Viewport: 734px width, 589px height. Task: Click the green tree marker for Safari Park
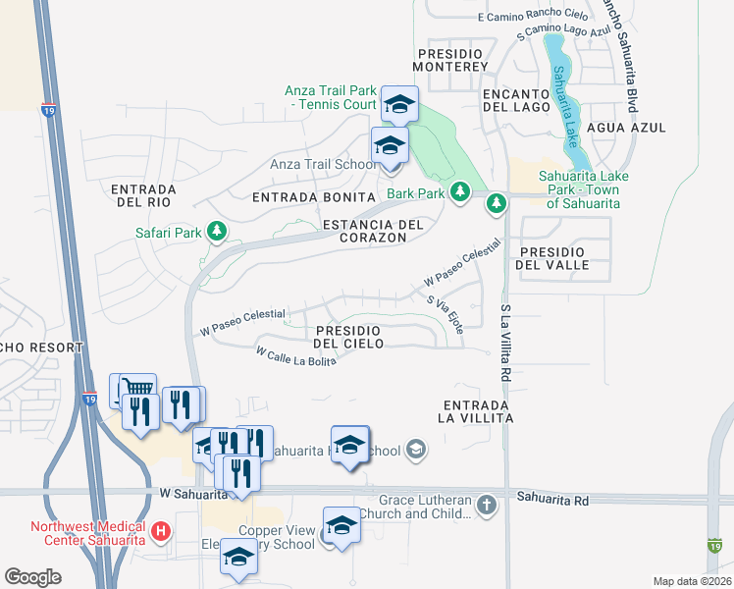point(217,233)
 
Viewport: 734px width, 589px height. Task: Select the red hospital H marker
point(162,533)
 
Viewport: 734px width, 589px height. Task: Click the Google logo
point(32,577)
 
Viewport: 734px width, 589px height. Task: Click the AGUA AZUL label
point(626,128)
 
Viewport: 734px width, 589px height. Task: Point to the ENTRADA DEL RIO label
point(142,194)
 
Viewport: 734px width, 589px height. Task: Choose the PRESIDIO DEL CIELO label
point(348,337)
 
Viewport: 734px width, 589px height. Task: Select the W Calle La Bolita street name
point(295,355)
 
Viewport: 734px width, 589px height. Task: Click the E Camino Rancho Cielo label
point(532,17)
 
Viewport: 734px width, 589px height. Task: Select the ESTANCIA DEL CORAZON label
point(373,231)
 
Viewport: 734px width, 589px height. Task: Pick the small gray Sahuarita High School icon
point(416,451)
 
